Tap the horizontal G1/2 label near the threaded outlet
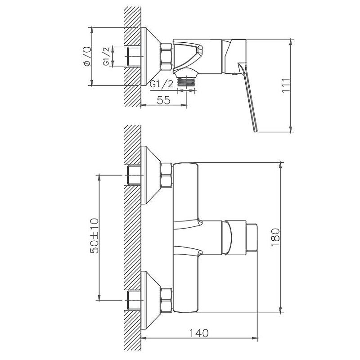click(162, 84)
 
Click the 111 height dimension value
click(284, 86)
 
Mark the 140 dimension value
click(198, 333)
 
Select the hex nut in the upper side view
click(166, 57)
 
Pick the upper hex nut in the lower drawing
click(166, 175)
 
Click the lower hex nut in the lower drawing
click(166, 299)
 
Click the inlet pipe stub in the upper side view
click(135, 57)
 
